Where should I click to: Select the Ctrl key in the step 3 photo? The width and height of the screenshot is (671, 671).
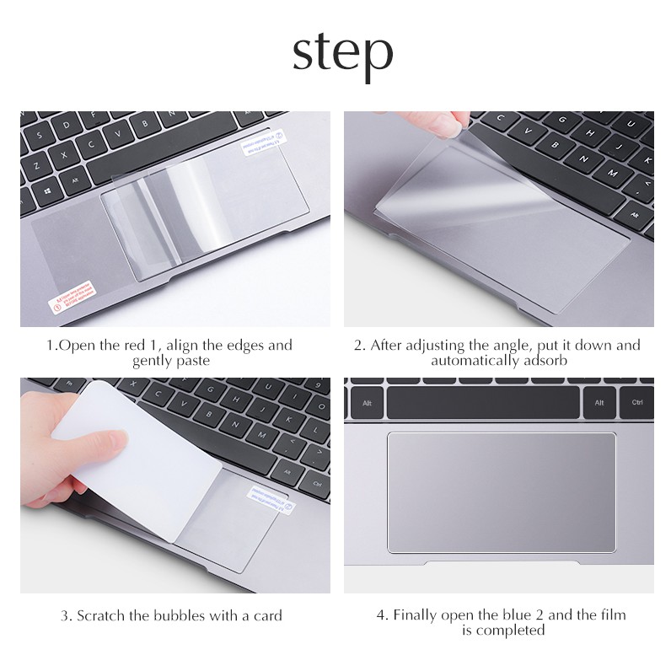pyautogui.click(x=317, y=484)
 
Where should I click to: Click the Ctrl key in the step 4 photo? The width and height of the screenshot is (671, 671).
pyautogui.click(x=637, y=402)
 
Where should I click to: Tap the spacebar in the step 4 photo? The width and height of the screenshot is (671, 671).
pyautogui.click(x=483, y=402)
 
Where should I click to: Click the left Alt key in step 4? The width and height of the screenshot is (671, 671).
pyautogui.click(x=367, y=402)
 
